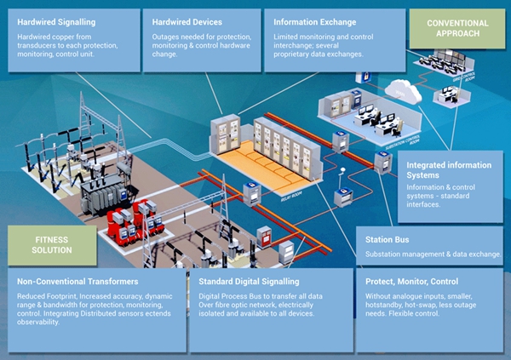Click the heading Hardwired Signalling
[57, 20]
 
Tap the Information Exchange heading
[316, 20]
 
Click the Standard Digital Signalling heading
[249, 281]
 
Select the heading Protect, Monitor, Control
[411, 281]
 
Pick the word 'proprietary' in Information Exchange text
[295, 54]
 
